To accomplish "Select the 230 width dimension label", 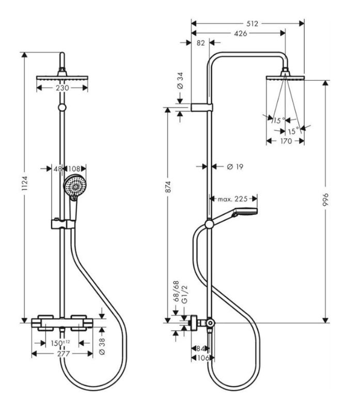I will pos(62,88).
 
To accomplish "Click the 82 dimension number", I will pos(201,43).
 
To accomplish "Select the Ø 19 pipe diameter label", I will pos(235,166).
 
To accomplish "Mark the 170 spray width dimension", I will pos(285,141).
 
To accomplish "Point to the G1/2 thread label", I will pos(181,298).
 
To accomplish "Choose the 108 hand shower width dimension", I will pos(75,168).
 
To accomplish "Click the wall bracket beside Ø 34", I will pos(202,107).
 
